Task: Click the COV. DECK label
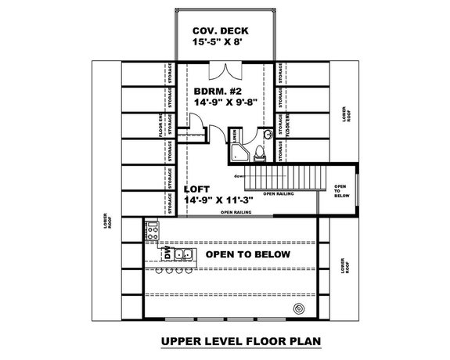224,31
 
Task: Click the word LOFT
197,189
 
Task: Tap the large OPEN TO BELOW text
248,255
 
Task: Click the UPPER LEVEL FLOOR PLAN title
225,341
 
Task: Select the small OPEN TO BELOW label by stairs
340,191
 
